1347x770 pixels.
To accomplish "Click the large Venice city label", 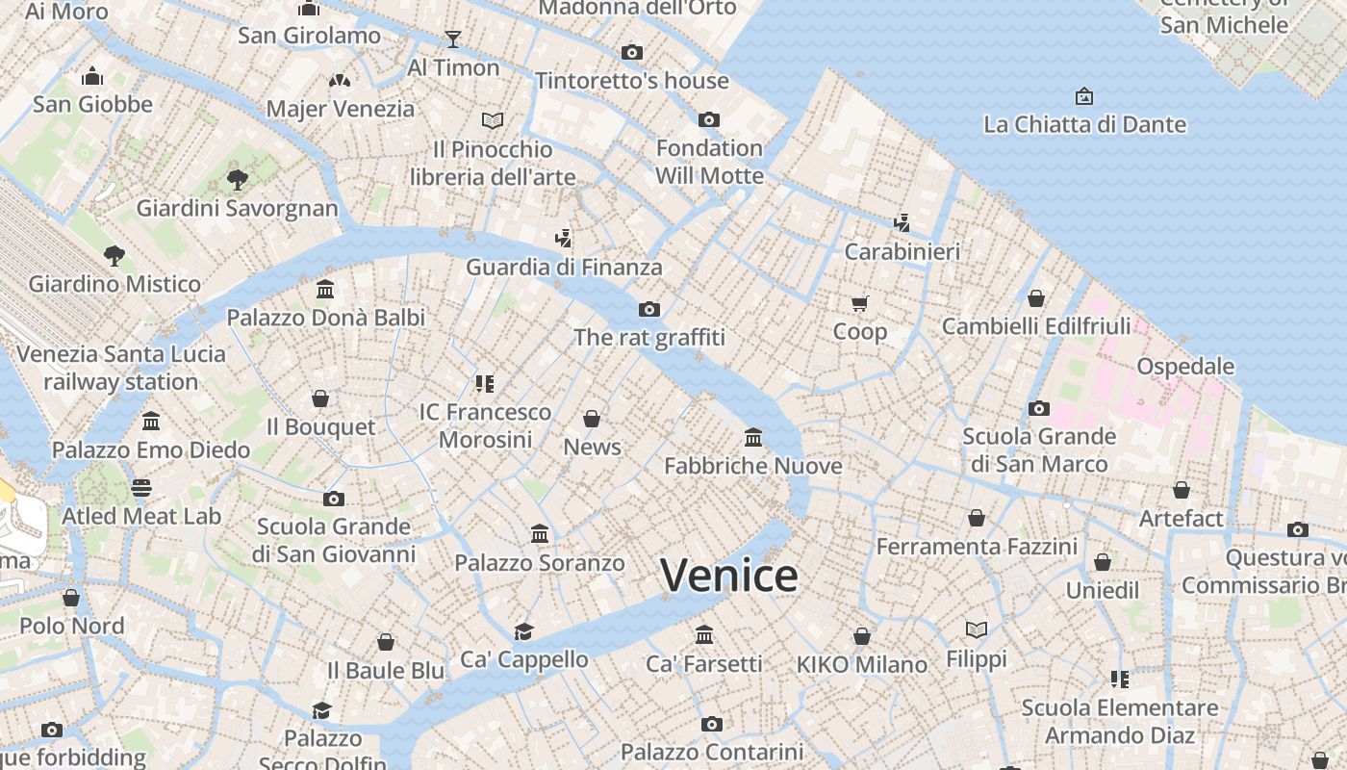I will (x=729, y=576).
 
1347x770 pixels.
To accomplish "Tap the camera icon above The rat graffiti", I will (x=649, y=309).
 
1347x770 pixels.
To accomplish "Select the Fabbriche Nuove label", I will (x=753, y=466).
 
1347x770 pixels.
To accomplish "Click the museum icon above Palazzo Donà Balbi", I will (x=325, y=289).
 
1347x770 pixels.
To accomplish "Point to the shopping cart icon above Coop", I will (x=860, y=303).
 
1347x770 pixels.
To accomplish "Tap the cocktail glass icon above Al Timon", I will (x=453, y=39).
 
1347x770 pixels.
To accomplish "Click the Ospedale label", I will (x=1185, y=366).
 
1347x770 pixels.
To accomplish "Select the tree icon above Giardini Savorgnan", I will (x=237, y=179).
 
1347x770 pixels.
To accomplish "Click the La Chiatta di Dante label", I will (x=1084, y=124).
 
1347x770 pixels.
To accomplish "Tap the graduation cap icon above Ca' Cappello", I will (x=523, y=631).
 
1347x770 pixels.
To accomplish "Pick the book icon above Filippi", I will (x=977, y=630).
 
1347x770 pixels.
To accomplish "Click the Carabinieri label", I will (x=902, y=251).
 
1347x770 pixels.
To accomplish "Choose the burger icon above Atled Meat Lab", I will (x=141, y=488).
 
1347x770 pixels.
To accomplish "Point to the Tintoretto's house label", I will (x=632, y=80).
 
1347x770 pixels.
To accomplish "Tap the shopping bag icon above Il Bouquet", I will (x=320, y=398).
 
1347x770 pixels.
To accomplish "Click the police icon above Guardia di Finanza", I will (x=564, y=238).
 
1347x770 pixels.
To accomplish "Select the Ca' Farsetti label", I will (x=704, y=663).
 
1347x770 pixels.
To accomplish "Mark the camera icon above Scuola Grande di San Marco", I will (x=1039, y=408).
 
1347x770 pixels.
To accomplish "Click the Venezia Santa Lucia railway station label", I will (x=121, y=368).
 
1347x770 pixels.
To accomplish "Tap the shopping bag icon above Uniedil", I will (x=1103, y=562).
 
